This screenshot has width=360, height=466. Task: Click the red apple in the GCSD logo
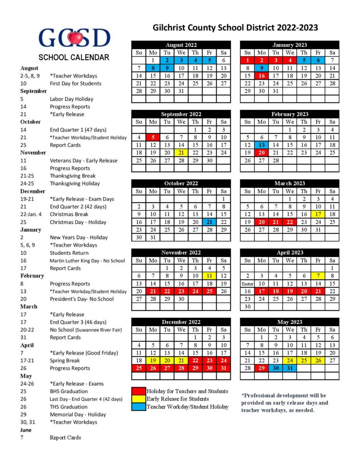[x=75, y=38]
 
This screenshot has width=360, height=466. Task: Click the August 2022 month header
[x=181, y=45]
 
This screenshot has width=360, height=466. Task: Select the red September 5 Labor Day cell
[x=153, y=137]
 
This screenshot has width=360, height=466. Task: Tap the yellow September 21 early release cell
[x=181, y=152]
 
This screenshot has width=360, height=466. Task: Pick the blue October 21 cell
[x=209, y=222]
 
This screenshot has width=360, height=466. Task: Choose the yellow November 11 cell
[x=209, y=275]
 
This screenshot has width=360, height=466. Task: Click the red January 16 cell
[x=261, y=76]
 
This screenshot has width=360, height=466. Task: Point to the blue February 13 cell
[x=261, y=145]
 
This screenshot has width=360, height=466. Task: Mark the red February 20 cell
[x=261, y=152]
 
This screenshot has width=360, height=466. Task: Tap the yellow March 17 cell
[x=318, y=214]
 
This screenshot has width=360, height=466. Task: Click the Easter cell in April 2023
[x=247, y=283]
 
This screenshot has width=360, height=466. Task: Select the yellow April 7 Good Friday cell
[x=318, y=275]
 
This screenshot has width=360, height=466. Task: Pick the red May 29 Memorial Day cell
[x=261, y=368]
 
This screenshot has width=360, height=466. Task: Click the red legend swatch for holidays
[x=138, y=391]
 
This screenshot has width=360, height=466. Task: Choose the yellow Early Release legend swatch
[x=138, y=399]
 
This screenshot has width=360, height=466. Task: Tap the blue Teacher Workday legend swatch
[x=138, y=407]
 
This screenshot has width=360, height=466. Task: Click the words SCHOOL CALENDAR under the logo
[x=74, y=57]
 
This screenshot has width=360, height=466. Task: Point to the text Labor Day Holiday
[x=71, y=99]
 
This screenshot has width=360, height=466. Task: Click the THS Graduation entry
[x=69, y=407]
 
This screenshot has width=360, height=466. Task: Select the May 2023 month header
[x=289, y=322]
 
